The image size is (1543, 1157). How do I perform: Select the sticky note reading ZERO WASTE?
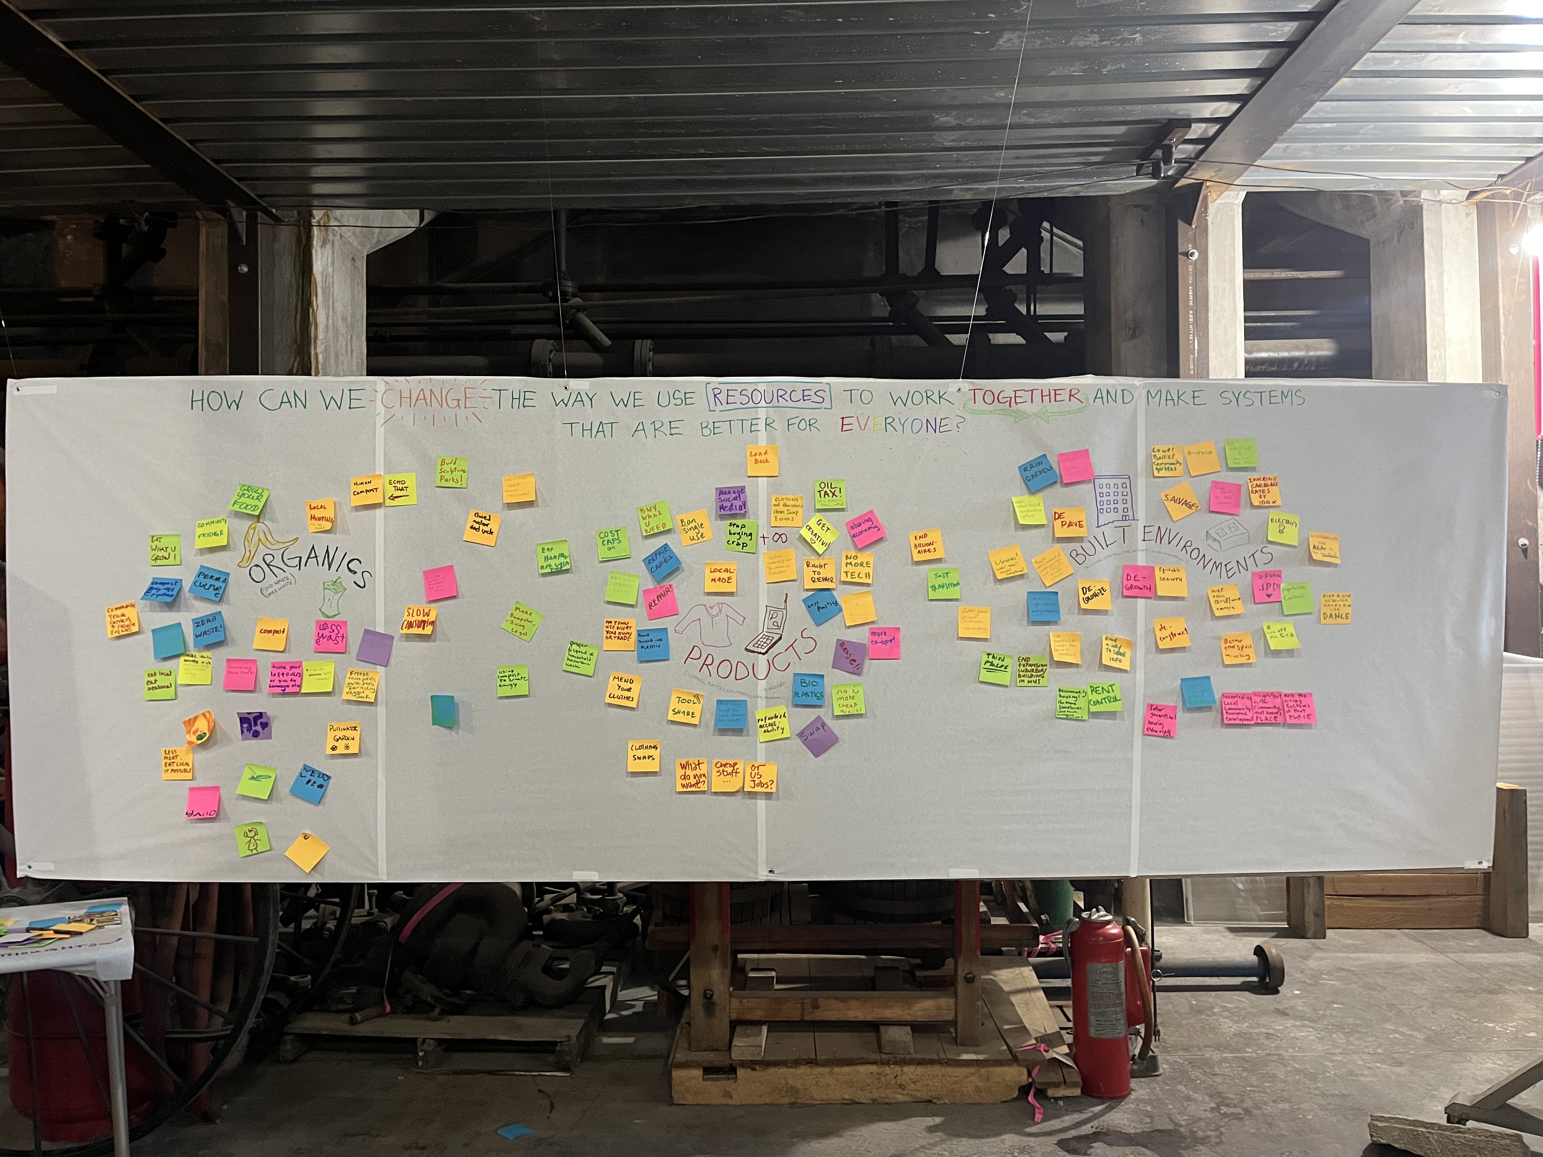point(208,629)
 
